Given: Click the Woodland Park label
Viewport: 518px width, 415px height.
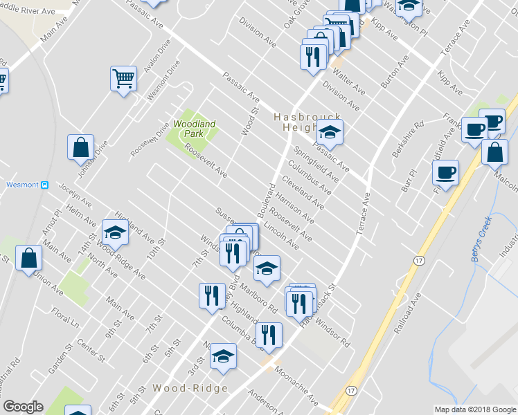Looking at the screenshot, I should pyautogui.click(x=195, y=128).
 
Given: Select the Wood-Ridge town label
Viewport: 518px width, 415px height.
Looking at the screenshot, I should pyautogui.click(x=190, y=389).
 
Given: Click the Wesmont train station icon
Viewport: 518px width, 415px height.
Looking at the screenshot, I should pyautogui.click(x=44, y=185).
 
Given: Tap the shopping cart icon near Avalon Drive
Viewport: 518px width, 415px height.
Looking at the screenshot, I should pyautogui.click(x=123, y=77).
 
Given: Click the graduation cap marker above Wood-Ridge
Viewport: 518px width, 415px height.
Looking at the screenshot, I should pyautogui.click(x=223, y=356).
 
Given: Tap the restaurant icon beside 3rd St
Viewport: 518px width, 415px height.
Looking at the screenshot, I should pyautogui.click(x=210, y=295).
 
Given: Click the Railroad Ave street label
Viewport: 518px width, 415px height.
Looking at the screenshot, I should pyautogui.click(x=408, y=314).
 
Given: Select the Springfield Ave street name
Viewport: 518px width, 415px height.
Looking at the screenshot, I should pyautogui.click(x=316, y=164).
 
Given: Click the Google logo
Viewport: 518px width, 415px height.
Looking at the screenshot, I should pyautogui.click(x=23, y=407).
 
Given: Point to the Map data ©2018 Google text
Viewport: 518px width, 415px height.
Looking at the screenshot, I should pyautogui.click(x=474, y=409).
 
